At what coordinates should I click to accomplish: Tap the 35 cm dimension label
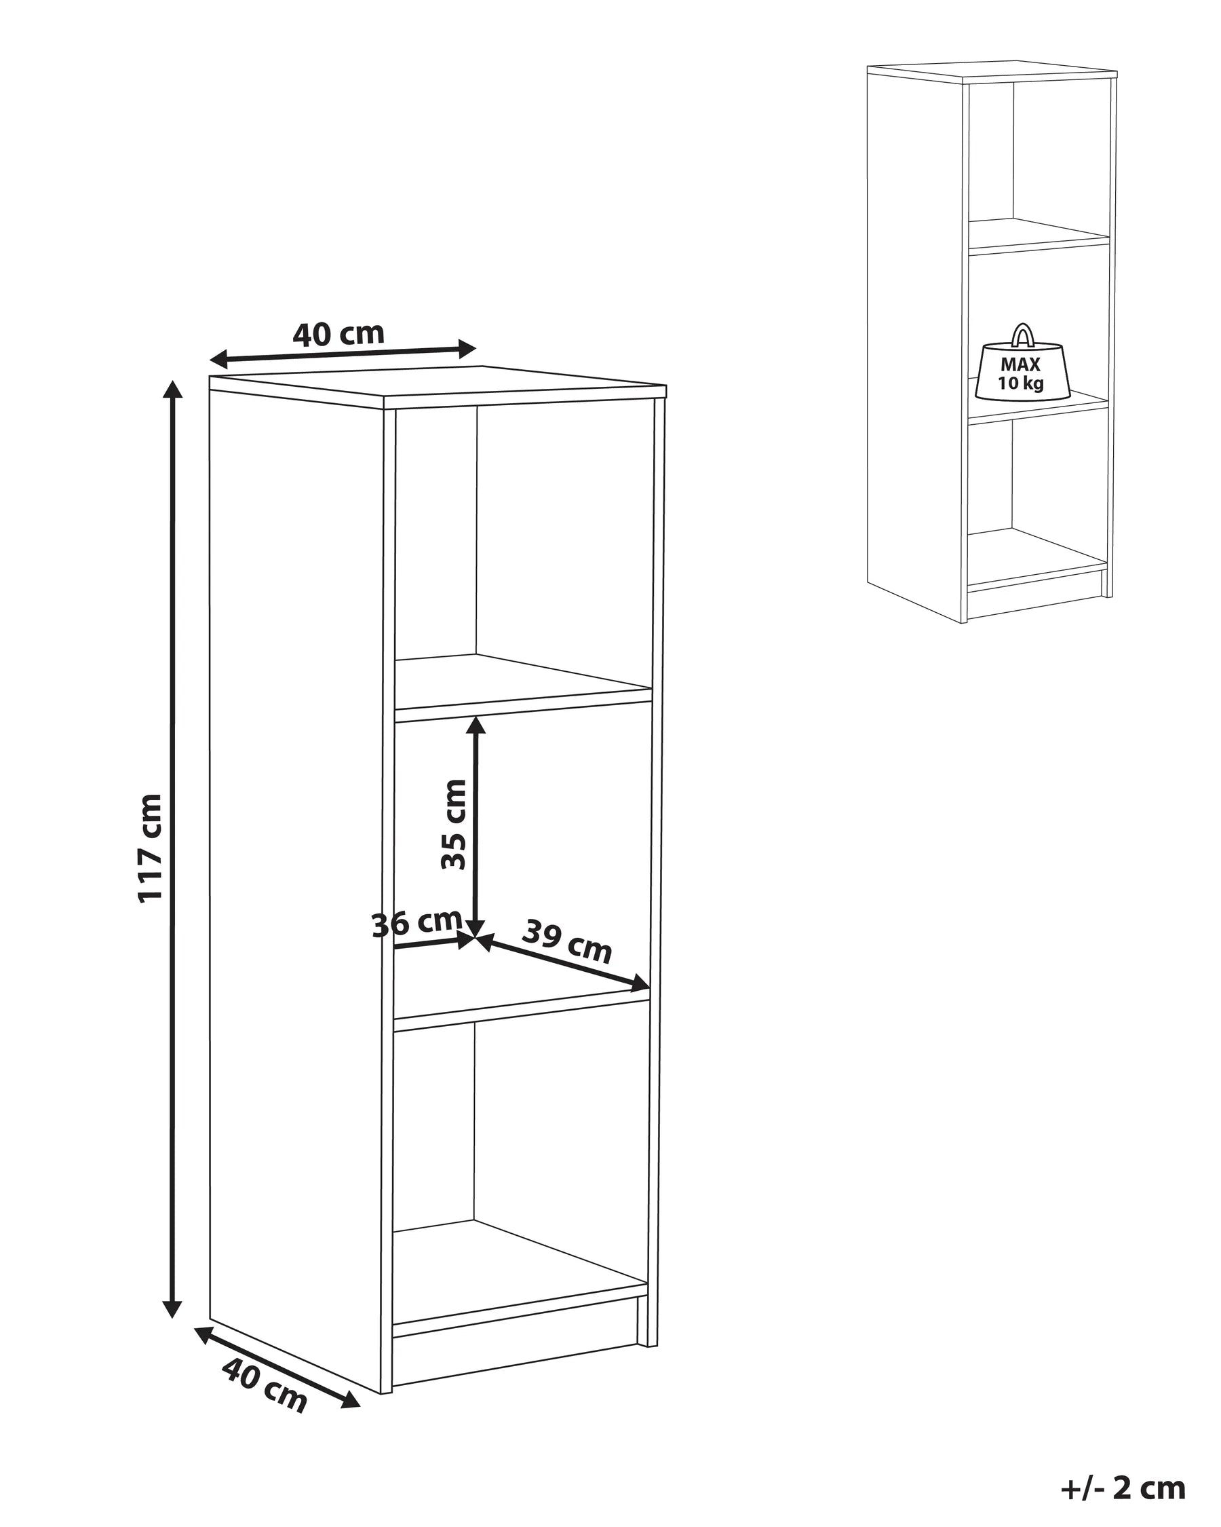[454, 825]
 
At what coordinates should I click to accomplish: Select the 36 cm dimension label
[417, 924]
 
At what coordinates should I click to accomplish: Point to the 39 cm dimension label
[567, 942]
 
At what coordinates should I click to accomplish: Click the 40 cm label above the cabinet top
[338, 334]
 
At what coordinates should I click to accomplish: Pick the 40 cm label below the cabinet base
[265, 1385]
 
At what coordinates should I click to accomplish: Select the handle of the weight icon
[1021, 335]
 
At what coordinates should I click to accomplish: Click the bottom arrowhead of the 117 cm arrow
[172, 1308]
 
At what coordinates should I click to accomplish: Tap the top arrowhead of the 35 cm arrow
[476, 725]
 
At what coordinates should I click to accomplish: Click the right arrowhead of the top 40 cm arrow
[467, 348]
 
